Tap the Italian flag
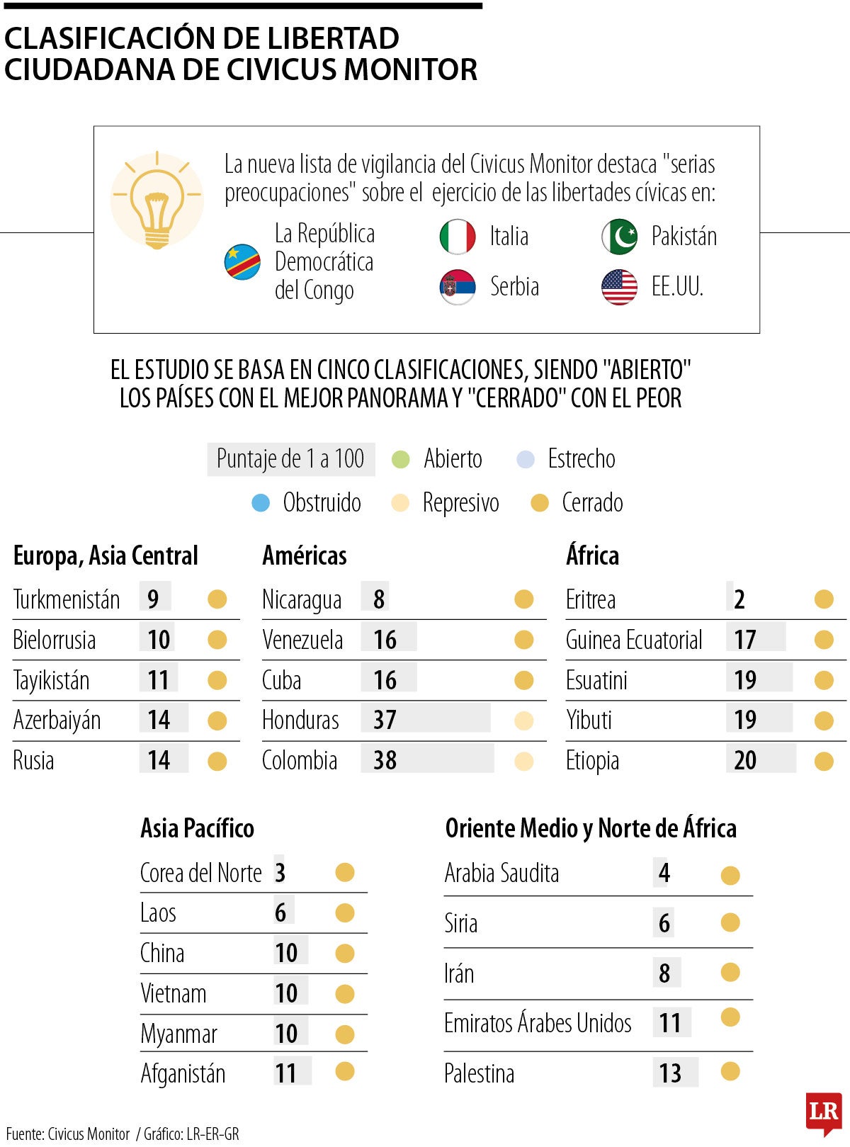tap(458, 237)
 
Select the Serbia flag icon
tap(458, 287)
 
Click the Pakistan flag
tap(619, 237)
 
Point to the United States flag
tap(619, 287)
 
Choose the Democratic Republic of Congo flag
tap(242, 261)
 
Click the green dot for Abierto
tap(401, 459)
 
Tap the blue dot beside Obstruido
tap(261, 503)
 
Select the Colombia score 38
tap(385, 760)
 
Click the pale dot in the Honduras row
tap(523, 721)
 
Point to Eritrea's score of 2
tap(739, 599)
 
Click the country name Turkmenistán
tap(67, 599)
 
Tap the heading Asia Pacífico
tap(197, 827)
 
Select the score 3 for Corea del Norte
tap(280, 873)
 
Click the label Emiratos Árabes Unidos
tap(538, 1023)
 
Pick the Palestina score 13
tap(670, 1073)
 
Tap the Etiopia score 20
tap(745, 760)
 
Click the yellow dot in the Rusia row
tap(217, 762)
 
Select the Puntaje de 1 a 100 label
tap(290, 459)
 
